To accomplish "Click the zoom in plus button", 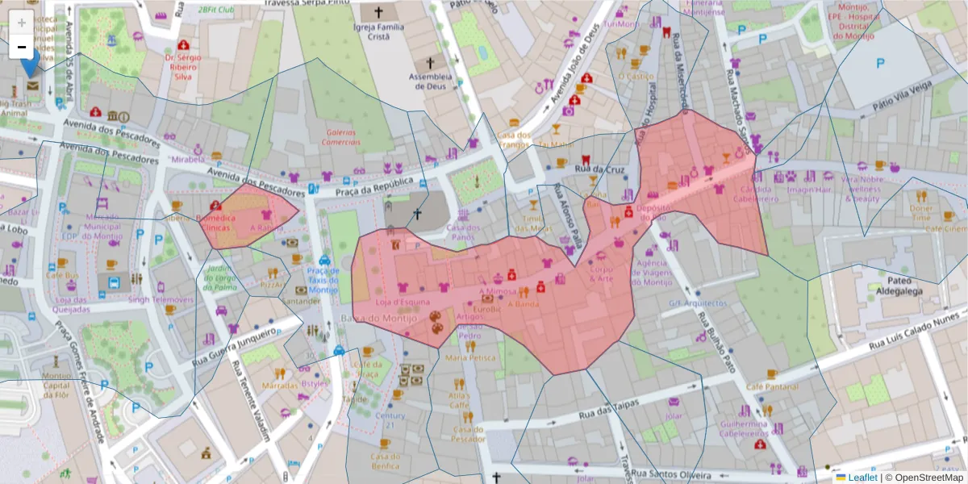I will tap(21, 23).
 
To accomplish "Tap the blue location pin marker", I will tap(31, 64).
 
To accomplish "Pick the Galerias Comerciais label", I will tap(342, 136).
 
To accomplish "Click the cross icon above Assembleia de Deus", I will tap(430, 62).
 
